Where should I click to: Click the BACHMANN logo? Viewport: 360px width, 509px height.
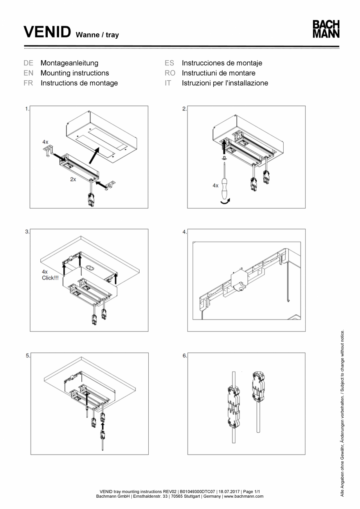click(326, 29)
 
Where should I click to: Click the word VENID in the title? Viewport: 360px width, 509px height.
click(47, 32)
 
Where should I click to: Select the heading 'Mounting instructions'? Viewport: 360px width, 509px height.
click(75, 73)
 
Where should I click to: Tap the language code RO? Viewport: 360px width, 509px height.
click(170, 73)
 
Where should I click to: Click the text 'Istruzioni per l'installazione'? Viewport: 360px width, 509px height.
click(225, 83)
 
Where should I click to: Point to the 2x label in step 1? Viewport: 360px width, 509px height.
click(73, 180)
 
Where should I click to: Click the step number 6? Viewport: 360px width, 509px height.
click(184, 356)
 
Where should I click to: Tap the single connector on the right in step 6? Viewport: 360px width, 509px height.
click(258, 386)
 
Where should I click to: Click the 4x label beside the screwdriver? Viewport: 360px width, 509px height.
click(215, 186)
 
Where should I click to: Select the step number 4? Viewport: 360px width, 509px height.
click(184, 232)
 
